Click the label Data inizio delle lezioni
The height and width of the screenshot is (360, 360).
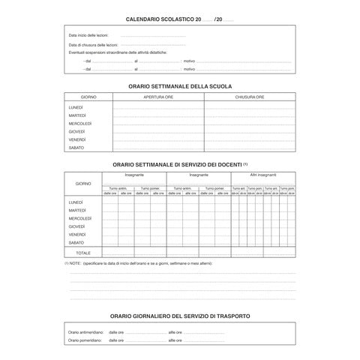coord(85,37)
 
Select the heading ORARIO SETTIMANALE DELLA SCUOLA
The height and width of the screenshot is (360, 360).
coord(180,87)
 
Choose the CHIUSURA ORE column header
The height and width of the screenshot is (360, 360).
coord(249,97)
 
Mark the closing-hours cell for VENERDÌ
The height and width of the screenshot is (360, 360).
coord(249,139)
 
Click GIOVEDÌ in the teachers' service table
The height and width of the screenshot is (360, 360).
coord(76,226)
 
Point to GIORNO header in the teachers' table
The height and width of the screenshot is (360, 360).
coord(82,184)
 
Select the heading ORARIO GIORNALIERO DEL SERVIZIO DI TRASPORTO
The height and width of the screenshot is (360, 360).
coord(180,316)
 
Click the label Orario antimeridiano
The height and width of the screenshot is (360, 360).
coord(85,331)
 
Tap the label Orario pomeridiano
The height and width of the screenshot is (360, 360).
coord(84,341)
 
